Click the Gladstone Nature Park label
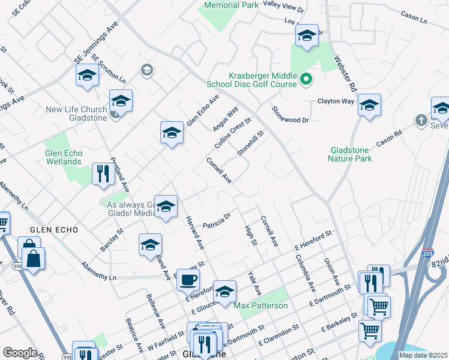pos(350,154)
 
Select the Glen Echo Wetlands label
pos(64,157)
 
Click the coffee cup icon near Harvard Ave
pos(188,280)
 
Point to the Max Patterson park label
pos(261,305)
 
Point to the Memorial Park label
pos(231,5)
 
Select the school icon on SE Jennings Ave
pos(87,76)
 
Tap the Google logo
pos(20,352)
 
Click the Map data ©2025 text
pos(424,355)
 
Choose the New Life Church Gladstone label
pos(77,113)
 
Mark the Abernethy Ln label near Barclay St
pos(99,272)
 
